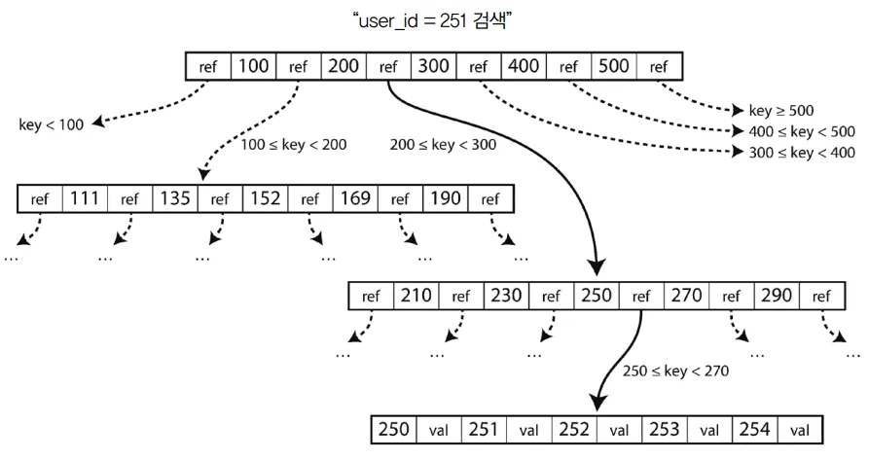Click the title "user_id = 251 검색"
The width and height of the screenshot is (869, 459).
[434, 19]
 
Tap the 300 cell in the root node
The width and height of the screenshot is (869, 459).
[433, 67]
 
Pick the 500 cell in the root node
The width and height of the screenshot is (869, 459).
[614, 67]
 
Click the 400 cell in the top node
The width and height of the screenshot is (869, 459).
[524, 67]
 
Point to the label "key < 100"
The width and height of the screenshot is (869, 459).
[52, 124]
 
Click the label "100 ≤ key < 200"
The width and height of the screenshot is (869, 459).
[293, 144]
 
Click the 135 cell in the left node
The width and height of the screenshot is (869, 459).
[174, 199]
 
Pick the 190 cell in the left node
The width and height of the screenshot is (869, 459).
[446, 199]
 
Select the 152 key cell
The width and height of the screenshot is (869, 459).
[265, 199]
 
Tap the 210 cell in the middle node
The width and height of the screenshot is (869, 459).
[416, 296]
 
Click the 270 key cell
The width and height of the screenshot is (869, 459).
[687, 296]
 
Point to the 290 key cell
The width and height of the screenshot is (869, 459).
[778, 296]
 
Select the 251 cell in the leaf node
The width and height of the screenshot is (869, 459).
[485, 429]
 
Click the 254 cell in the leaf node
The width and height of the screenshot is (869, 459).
[755, 429]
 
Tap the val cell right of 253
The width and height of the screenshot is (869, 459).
[709, 429]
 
